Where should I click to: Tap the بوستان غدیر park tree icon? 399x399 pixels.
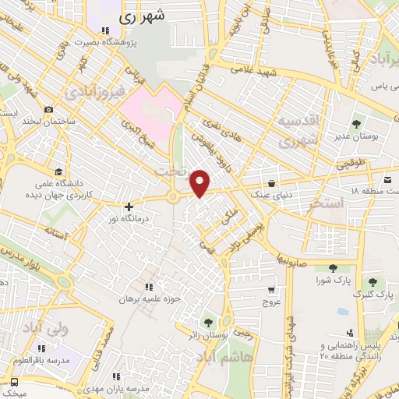point(356,124)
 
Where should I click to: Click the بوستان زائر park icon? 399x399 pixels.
point(208,321)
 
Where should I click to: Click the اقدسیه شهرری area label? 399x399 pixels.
point(299,132)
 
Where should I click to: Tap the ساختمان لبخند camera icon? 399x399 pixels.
point(48,110)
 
